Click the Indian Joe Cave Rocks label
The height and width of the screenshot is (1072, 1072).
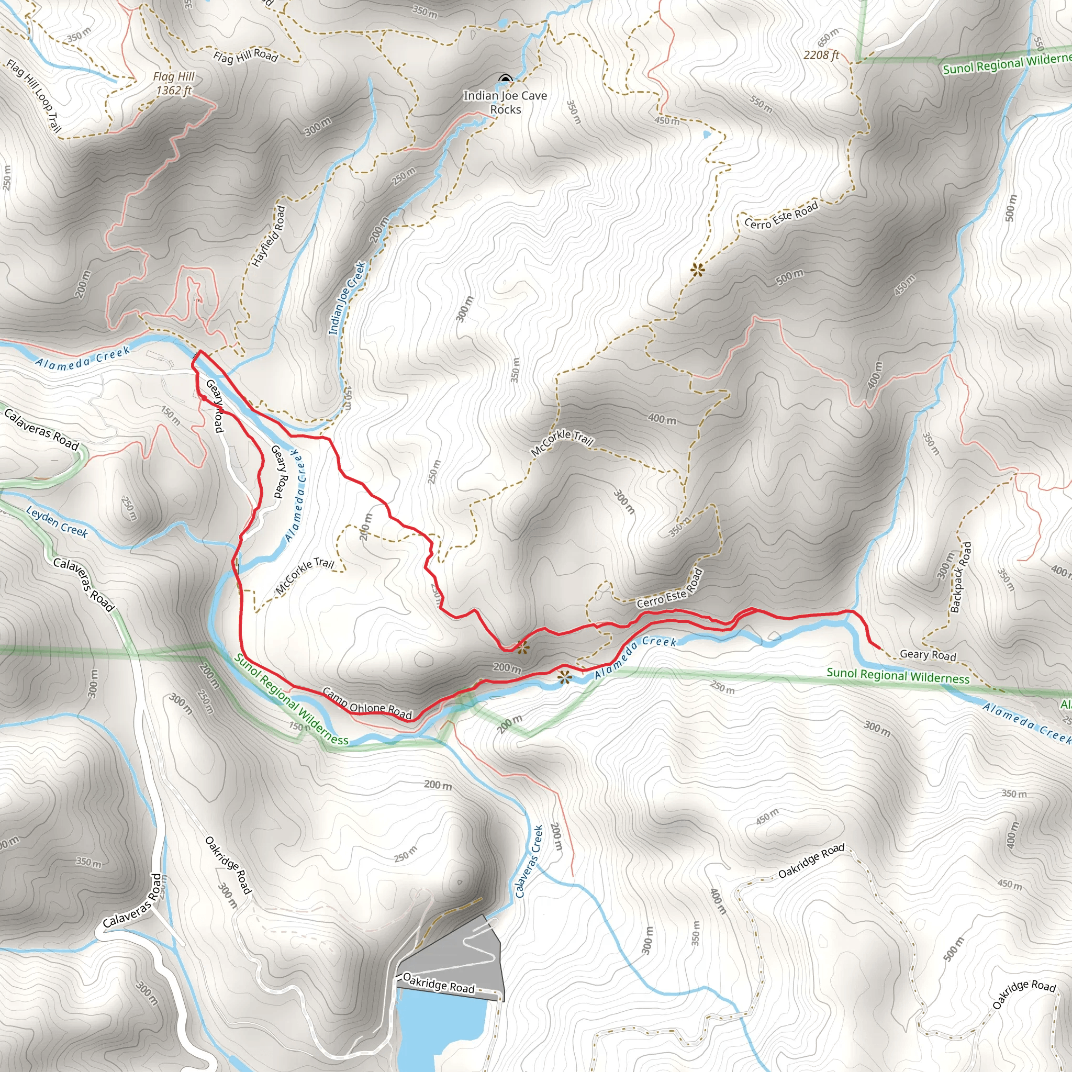pos(505,103)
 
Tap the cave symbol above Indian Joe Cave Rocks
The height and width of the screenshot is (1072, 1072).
pos(505,80)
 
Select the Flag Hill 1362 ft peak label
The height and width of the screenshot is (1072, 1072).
pos(174,83)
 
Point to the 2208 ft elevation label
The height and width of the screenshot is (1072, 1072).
pos(821,55)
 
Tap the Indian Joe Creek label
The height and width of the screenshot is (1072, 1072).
pos(348,298)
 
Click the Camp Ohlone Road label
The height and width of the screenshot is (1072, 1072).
pos(367,703)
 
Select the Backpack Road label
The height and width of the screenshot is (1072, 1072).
pos(961,577)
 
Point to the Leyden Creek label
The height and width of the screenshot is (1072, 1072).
pos(57,522)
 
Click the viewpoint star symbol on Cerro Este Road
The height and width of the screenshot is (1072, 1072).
pos(697,270)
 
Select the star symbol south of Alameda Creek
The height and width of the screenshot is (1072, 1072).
pos(564,676)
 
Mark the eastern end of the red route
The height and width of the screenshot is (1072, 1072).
pos(880,647)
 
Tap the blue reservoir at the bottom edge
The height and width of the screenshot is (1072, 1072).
pos(438,1032)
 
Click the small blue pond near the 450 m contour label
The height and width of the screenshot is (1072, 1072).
pos(706,135)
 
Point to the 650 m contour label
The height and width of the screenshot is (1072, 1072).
pos(829,38)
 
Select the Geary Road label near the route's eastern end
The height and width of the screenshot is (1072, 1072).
pos(928,655)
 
